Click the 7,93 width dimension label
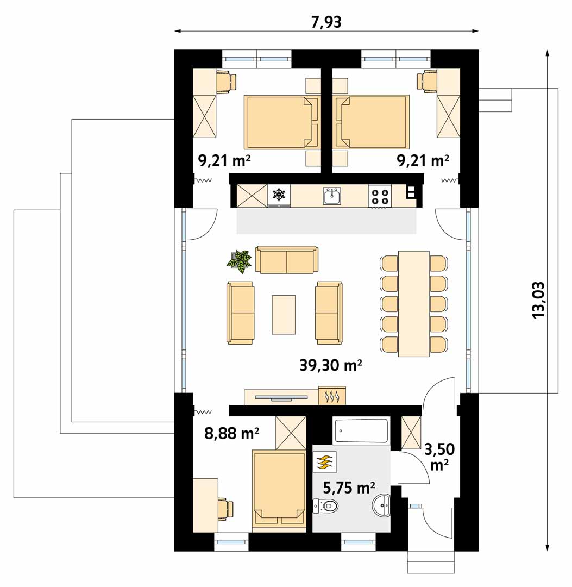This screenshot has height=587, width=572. point(326,22)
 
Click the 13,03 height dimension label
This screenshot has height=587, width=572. point(538,300)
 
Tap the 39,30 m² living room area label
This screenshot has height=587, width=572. point(330,365)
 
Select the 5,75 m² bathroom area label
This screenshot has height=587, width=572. point(349,488)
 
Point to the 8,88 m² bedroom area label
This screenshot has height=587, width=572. point(231,433)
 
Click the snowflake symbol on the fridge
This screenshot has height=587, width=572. point(279,194)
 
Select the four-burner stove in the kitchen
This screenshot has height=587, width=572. point(380,196)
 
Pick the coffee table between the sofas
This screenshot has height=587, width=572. point(284,314)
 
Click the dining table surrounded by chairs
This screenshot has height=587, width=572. point(414,304)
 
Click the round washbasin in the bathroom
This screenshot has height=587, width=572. point(381,504)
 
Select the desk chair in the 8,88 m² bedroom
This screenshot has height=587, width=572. point(227,509)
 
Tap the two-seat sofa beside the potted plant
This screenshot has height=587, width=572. point(287,259)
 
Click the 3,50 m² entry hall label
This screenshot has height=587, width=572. point(439,457)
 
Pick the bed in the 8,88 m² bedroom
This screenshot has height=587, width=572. point(279,490)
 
